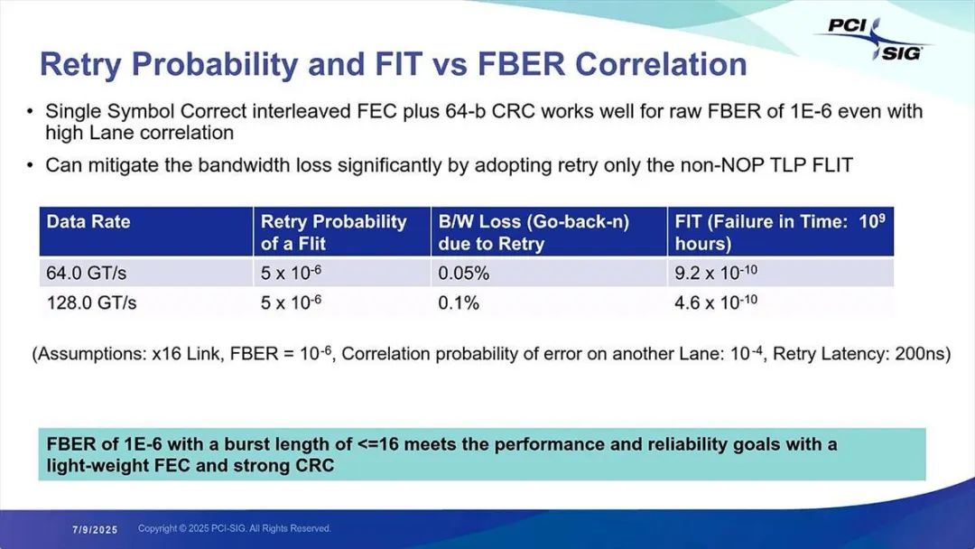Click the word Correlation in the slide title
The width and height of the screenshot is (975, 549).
(660, 64)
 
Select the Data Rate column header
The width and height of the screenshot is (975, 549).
(88, 222)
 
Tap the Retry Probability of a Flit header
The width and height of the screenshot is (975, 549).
(334, 232)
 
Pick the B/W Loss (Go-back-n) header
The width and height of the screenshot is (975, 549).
(534, 232)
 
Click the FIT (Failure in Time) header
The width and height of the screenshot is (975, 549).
(780, 232)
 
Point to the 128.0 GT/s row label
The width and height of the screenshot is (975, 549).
(91, 302)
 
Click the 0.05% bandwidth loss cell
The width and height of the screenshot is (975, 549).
(463, 273)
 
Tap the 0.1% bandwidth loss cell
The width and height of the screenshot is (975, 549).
(459, 302)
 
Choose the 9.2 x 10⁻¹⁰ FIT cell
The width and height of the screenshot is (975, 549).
(716, 273)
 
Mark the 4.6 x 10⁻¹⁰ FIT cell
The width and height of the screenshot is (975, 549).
(716, 302)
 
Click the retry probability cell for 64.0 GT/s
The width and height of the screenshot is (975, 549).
(291, 273)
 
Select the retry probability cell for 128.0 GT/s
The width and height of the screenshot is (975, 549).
(291, 302)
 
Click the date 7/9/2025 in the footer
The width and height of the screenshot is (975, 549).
(95, 530)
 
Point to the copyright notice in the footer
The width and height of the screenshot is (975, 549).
(235, 528)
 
